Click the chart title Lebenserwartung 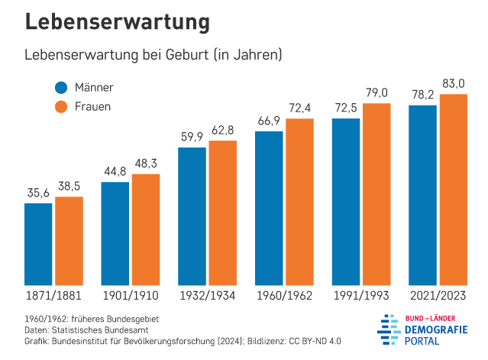click(117, 22)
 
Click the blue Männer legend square click(62, 87)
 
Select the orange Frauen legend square click(62, 106)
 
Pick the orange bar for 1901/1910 click(145, 230)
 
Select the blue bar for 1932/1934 click(192, 217)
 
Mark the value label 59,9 click(192, 138)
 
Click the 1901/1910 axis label click(131, 295)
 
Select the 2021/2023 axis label click(438, 295)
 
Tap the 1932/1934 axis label click(207, 295)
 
